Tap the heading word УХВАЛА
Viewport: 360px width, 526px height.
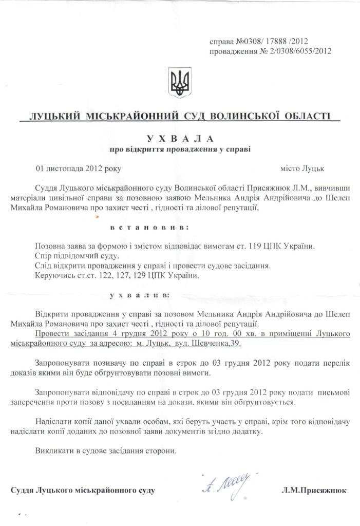(x=180, y=139)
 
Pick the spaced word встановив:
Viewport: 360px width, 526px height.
(x=149, y=227)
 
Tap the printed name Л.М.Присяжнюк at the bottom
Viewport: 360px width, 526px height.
(x=314, y=491)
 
